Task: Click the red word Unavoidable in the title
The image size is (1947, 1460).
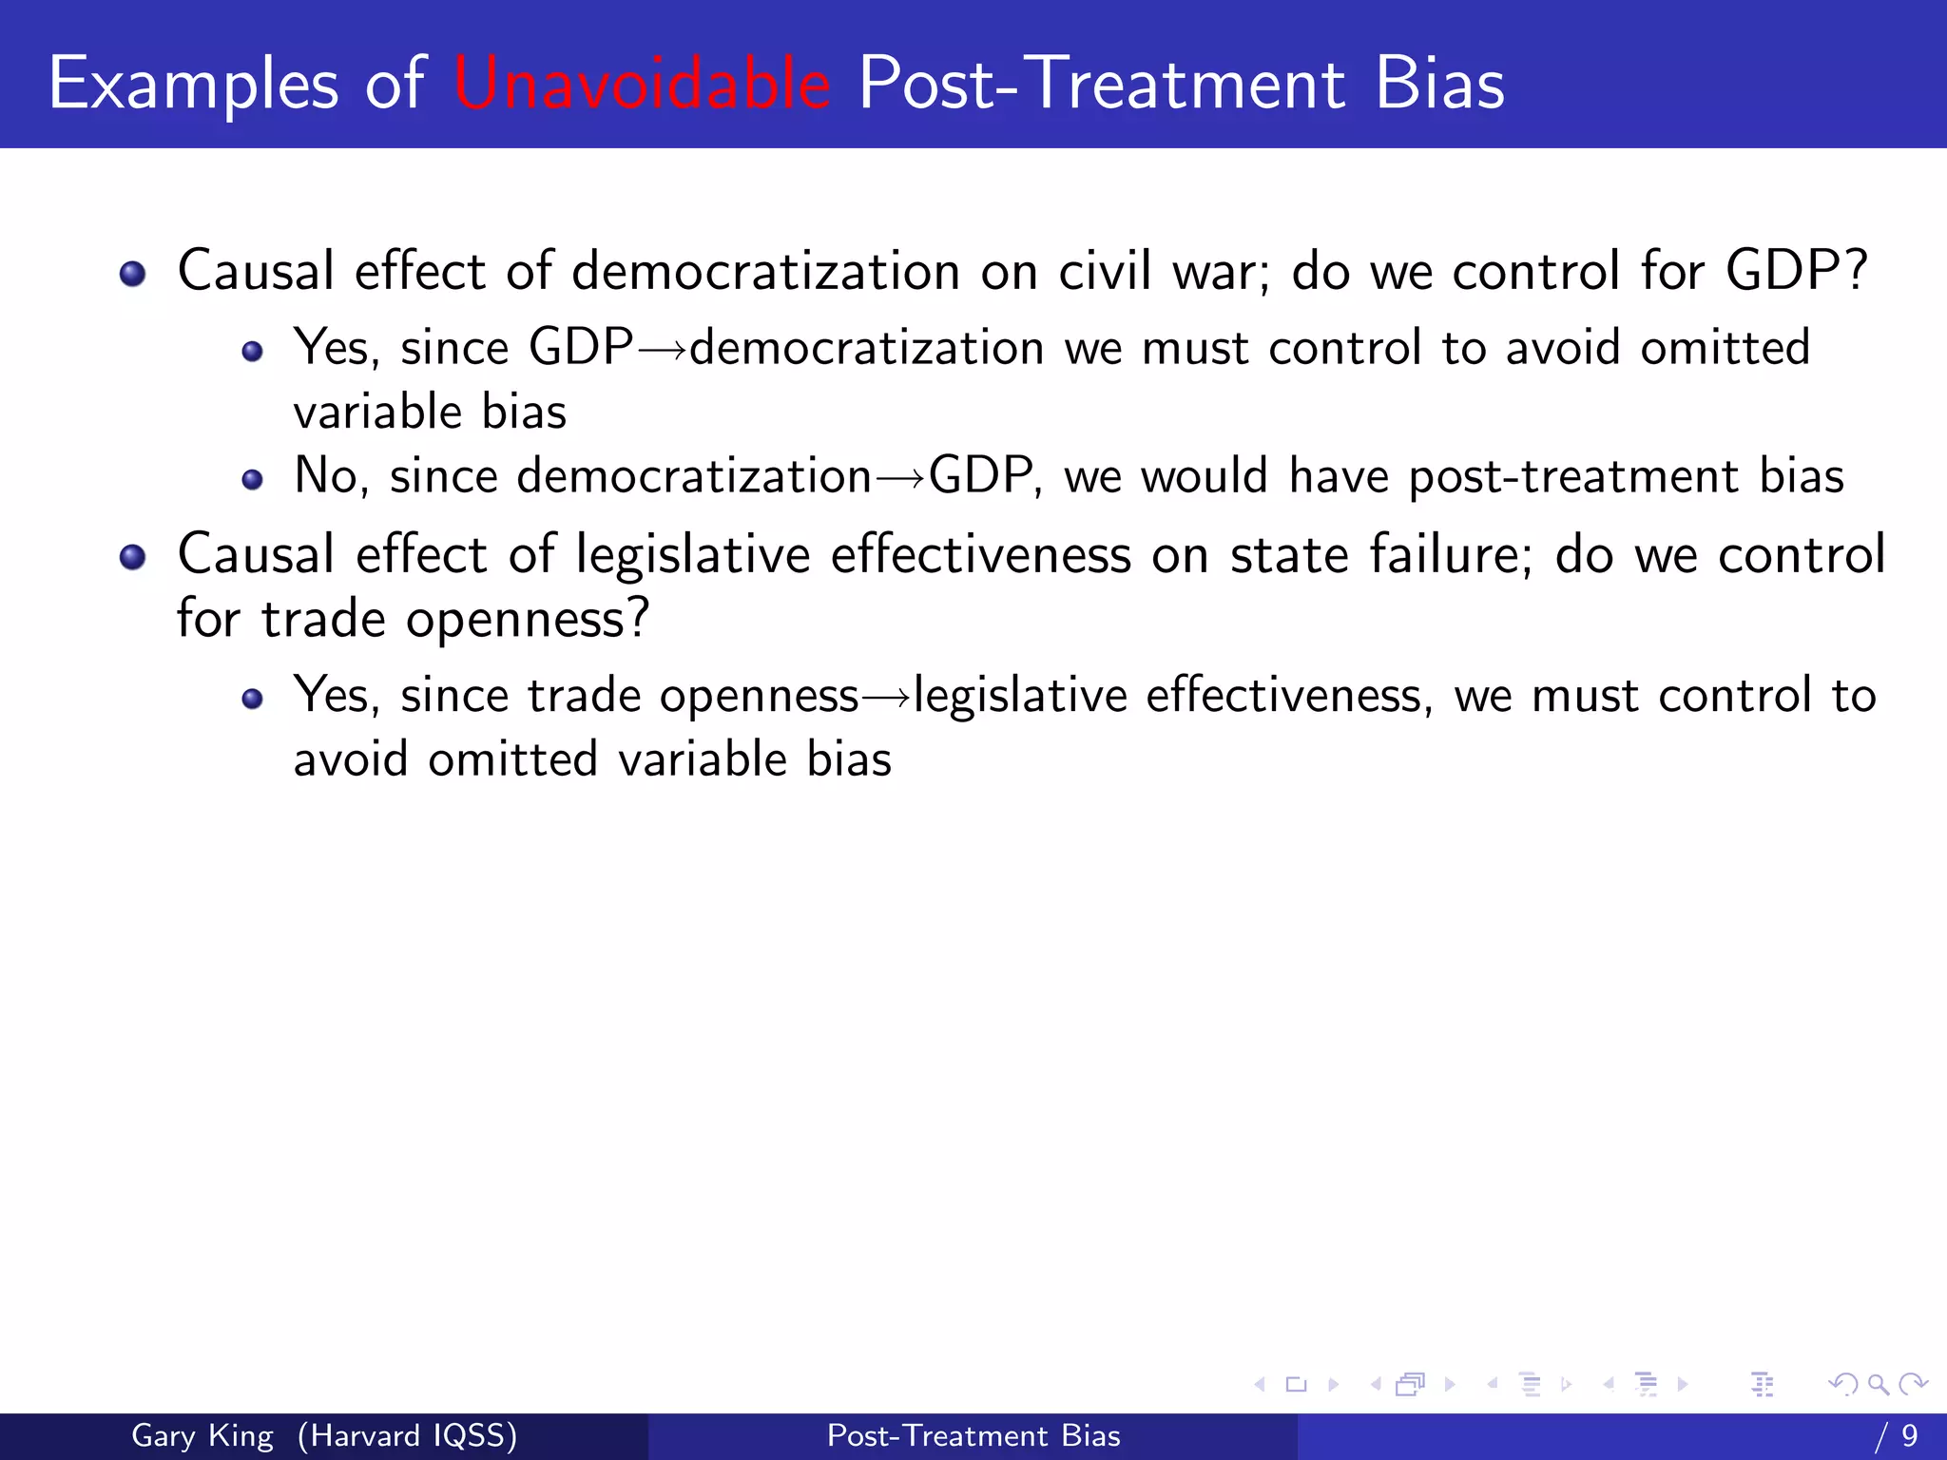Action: click(x=643, y=84)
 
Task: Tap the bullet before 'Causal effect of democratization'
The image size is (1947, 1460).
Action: click(x=133, y=275)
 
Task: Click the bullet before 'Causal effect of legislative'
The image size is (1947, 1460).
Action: click(x=133, y=557)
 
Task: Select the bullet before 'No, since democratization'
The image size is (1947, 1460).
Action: click(x=252, y=479)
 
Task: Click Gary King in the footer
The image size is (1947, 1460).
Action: click(x=202, y=1435)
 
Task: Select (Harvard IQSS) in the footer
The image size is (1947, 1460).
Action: click(x=407, y=1435)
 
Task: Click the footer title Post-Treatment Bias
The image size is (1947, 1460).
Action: click(x=973, y=1435)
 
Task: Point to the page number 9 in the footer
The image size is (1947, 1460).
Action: click(x=1909, y=1435)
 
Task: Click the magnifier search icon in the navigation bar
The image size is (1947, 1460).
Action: click(x=1878, y=1385)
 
